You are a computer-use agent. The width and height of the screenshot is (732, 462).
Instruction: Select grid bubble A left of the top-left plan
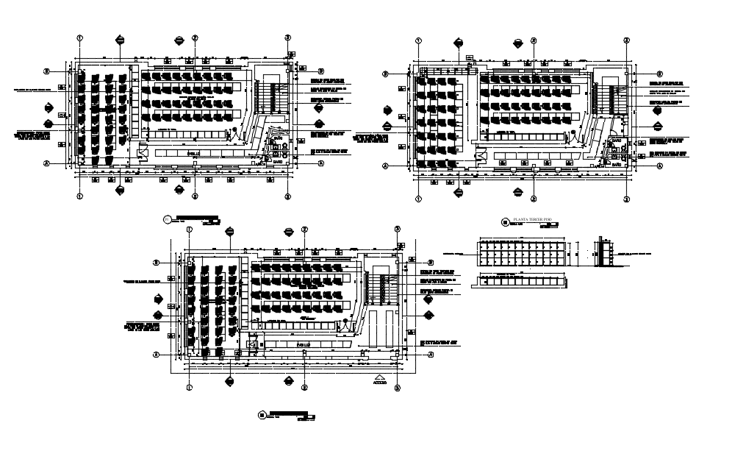click(x=46, y=163)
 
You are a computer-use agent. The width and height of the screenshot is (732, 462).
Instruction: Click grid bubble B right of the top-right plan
click(x=659, y=74)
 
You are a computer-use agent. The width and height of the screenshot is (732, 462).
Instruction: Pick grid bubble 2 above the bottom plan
click(x=304, y=230)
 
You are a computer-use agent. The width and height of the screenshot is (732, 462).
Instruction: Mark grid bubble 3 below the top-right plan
click(x=626, y=199)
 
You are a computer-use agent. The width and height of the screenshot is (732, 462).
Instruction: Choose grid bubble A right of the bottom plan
click(x=431, y=354)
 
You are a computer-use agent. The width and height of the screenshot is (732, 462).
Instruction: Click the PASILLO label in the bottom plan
click(x=302, y=344)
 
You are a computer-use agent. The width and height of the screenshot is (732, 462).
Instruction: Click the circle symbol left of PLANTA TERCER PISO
click(x=504, y=222)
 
